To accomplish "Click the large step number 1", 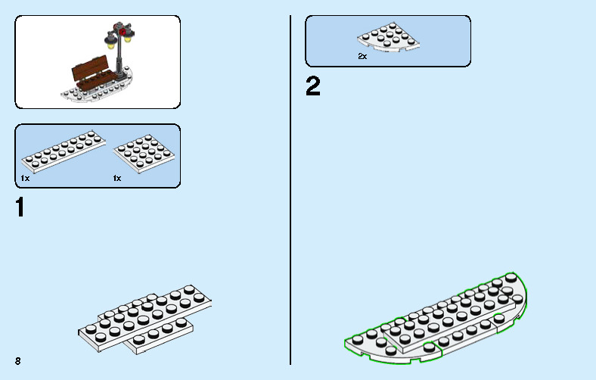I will [x=20, y=207].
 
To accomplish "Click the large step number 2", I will [x=312, y=86].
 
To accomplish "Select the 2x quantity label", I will [x=362, y=57].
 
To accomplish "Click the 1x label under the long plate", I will [x=25, y=178].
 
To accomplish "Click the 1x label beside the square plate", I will [x=117, y=178].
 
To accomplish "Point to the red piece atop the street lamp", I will [x=119, y=33].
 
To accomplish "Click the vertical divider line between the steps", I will [x=291, y=189].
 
